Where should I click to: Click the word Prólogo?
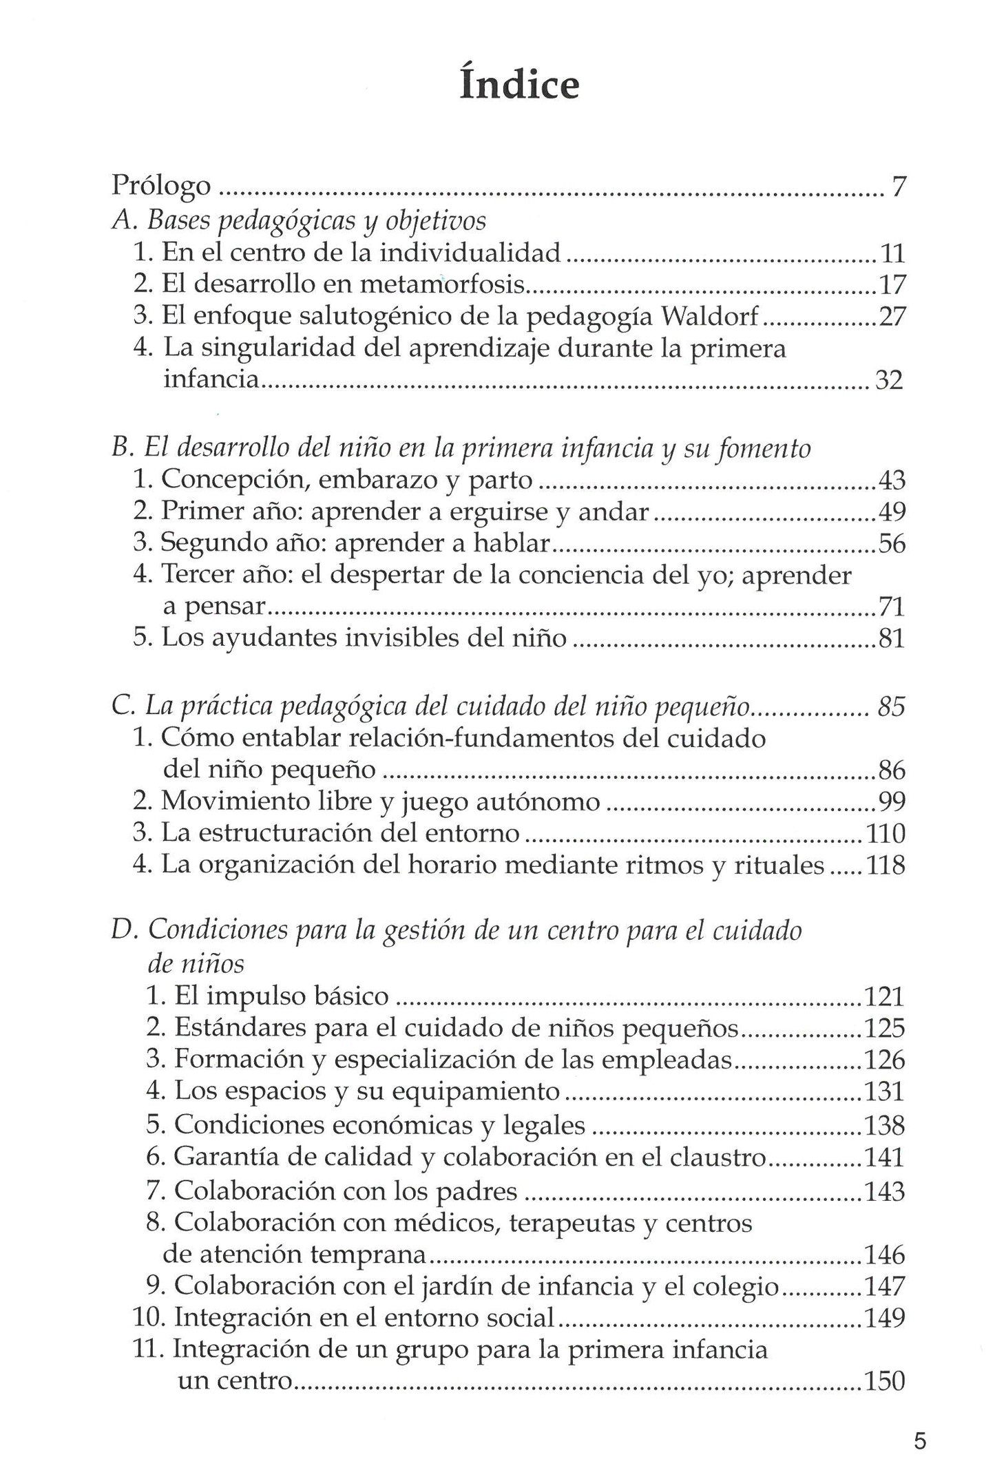(161, 186)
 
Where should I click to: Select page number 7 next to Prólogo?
(898, 186)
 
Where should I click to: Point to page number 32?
(888, 380)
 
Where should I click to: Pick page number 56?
(892, 544)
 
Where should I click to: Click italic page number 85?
(891, 707)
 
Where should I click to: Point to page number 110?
(885, 834)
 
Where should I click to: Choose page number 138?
(884, 1124)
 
